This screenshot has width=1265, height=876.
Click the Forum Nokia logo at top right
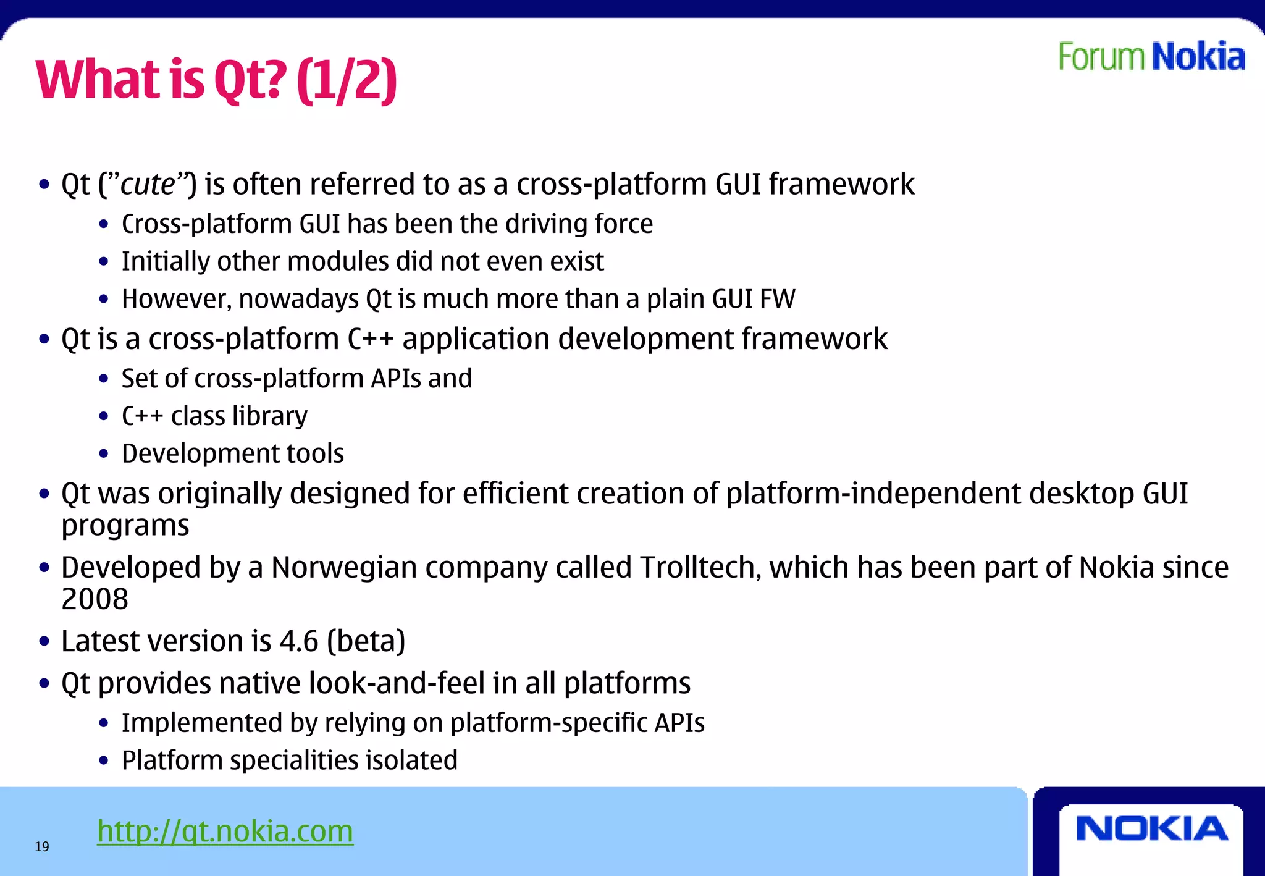tap(1151, 56)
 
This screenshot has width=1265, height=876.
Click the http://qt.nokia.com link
tap(225, 831)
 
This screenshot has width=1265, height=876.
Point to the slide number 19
tap(42, 847)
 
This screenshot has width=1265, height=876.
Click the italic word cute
tap(148, 184)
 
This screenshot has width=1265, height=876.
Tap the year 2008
tap(95, 599)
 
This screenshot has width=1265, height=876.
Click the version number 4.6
tap(299, 641)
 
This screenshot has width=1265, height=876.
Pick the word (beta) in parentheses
tap(366, 641)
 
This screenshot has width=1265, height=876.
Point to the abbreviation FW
tap(777, 299)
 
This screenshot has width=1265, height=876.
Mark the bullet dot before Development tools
tap(104, 454)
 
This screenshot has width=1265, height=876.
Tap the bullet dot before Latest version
tap(44, 642)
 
